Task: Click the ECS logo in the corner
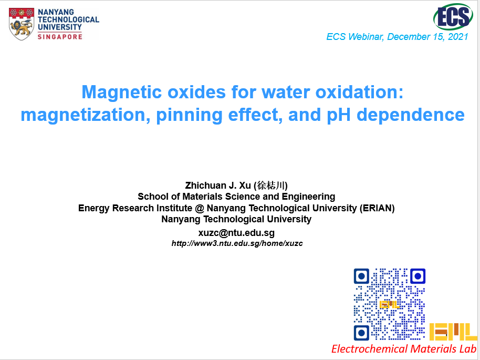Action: click(x=453, y=17)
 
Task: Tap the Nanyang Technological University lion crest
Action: click(x=22, y=24)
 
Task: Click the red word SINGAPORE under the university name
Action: click(x=60, y=37)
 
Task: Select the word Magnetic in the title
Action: click(x=121, y=92)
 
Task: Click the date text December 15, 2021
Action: click(x=427, y=37)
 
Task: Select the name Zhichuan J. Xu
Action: click(x=218, y=186)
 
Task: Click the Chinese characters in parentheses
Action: click(x=271, y=186)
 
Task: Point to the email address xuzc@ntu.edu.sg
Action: click(x=236, y=232)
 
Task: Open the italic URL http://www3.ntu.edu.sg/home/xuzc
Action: click(x=237, y=243)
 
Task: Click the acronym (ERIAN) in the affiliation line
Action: click(x=377, y=208)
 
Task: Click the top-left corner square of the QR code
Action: click(x=361, y=276)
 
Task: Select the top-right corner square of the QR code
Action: click(x=418, y=276)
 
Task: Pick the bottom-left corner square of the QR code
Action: click(x=361, y=333)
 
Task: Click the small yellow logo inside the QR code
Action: click(x=389, y=304)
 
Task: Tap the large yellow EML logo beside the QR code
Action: click(x=453, y=332)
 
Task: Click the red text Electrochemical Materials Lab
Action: click(x=404, y=348)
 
